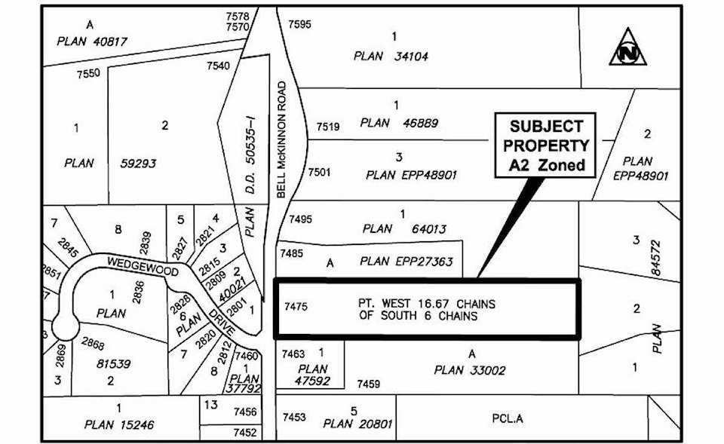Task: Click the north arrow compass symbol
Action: point(627,47)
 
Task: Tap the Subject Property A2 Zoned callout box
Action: point(545,145)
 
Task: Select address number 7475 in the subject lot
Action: point(296,307)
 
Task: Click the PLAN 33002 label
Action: point(470,370)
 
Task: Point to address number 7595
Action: point(299,24)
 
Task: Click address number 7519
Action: point(327,127)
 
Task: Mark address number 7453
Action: point(294,417)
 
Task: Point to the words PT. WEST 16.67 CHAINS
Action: point(427,303)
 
